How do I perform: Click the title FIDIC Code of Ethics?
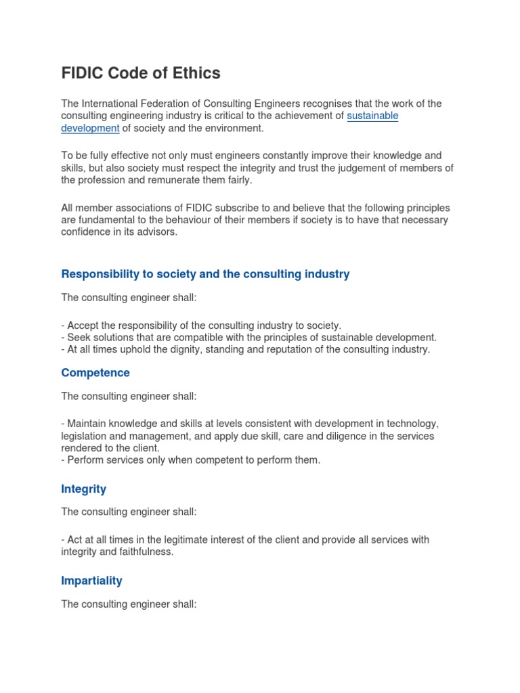coord(141,73)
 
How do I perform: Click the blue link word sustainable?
coord(372,116)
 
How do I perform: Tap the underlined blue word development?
coord(90,128)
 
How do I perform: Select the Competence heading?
coord(95,373)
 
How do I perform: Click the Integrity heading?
coord(83,489)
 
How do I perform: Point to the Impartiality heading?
coord(91,581)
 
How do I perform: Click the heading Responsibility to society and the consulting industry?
coord(205,274)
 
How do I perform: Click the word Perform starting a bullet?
coord(85,460)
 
